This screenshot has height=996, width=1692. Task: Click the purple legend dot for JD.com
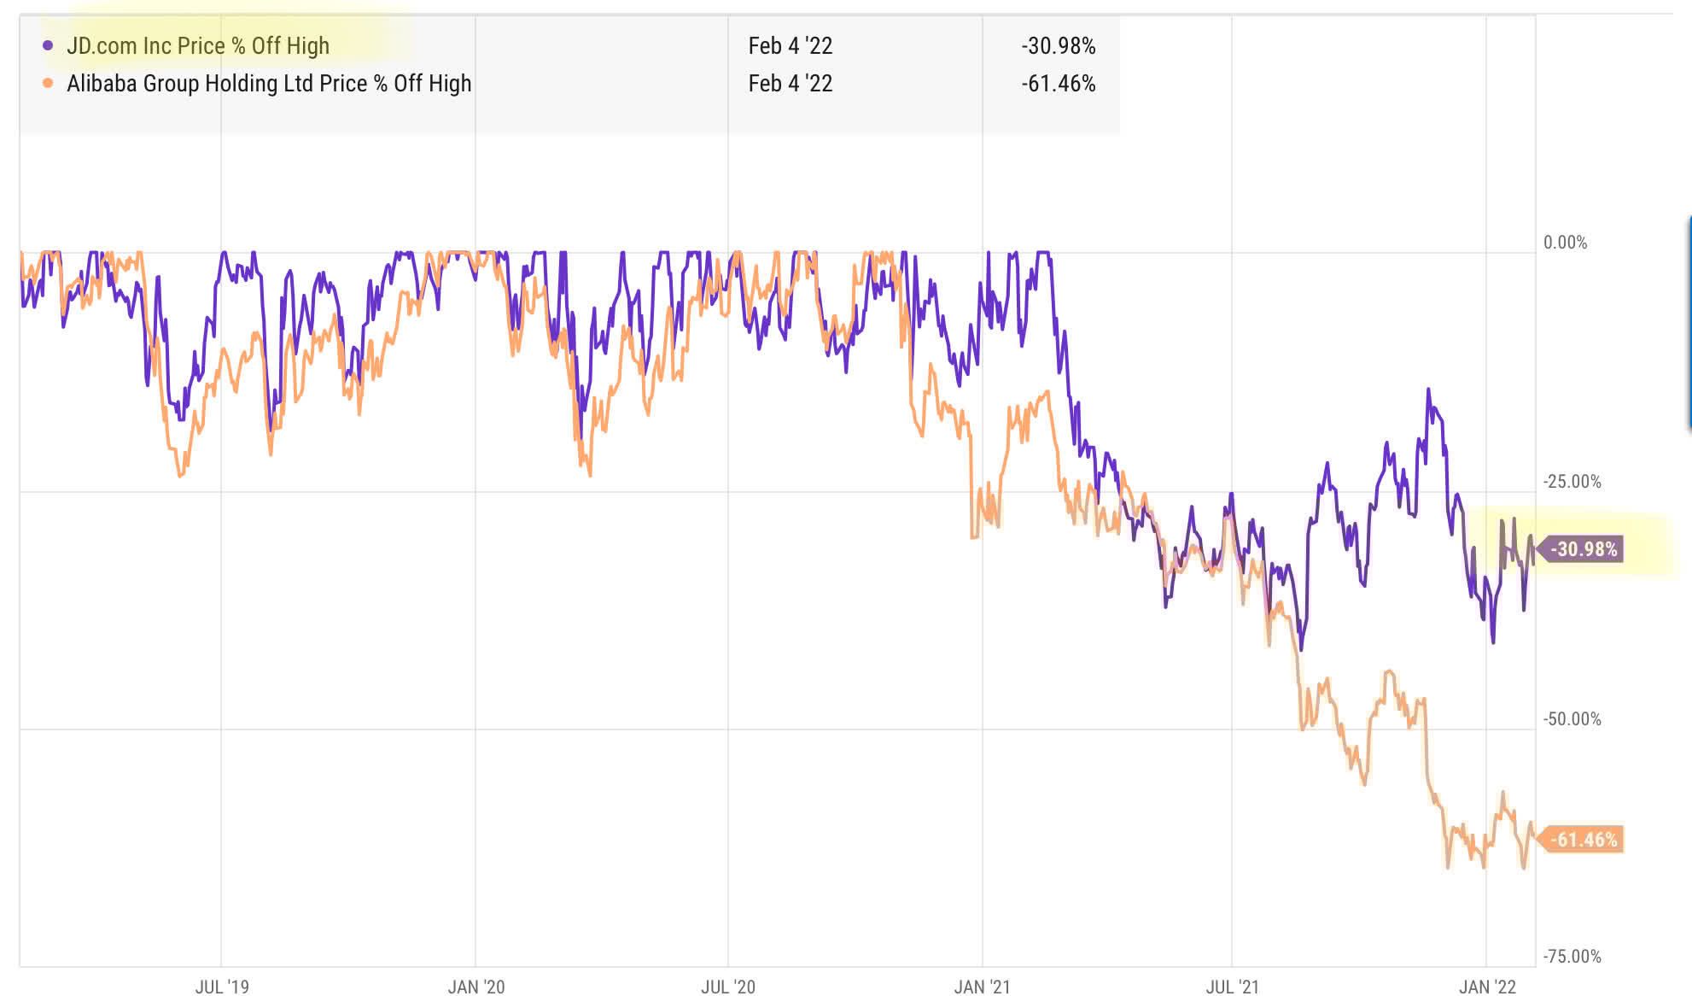pos(48,45)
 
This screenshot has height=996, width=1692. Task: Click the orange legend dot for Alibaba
pos(48,83)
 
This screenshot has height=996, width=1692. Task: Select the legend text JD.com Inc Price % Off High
pos(198,45)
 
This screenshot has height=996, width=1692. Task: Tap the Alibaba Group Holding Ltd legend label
pos(269,83)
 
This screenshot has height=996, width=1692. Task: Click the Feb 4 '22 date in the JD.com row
pos(790,45)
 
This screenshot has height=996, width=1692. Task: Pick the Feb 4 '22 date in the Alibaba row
pos(790,83)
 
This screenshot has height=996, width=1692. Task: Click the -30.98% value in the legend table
pos(1058,45)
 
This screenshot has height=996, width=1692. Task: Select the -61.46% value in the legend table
pos(1058,83)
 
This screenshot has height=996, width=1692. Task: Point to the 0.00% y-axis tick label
pos(1565,243)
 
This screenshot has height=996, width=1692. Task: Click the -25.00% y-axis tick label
pos(1572,482)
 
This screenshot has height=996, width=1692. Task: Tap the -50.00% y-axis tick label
pos(1572,719)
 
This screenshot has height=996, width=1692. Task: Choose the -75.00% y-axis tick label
pos(1572,957)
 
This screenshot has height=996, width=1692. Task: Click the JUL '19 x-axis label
pos(222,987)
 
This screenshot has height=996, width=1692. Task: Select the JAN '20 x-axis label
pos(476,987)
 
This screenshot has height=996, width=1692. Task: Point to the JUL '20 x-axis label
pos(728,987)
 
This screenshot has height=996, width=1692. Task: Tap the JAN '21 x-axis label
pos(982,987)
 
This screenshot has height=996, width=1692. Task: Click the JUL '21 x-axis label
pos(1232,987)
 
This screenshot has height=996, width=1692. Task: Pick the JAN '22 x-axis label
pos(1487,987)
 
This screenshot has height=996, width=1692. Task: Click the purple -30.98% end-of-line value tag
pos(1583,549)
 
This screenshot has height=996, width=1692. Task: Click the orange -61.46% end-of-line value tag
pos(1583,840)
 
